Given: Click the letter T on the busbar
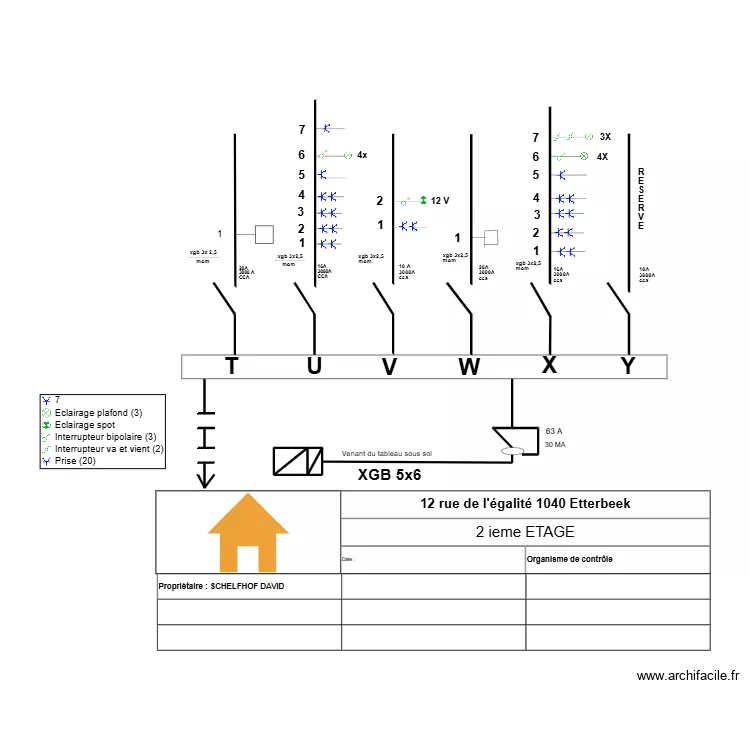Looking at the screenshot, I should point(231,366).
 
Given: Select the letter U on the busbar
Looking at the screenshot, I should point(314,366).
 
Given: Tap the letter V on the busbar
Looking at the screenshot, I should point(389,367).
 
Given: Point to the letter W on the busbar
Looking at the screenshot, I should point(468,367).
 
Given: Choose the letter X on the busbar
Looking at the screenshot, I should point(549,365).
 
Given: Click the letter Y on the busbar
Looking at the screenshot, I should point(627,366).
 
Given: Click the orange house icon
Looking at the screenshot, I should point(248,533).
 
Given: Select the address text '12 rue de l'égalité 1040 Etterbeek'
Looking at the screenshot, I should point(525,503).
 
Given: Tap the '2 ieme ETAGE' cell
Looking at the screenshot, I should point(525,532).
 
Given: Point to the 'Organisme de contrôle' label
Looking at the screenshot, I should point(570,559).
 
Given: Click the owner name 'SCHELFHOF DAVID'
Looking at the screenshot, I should point(247,586).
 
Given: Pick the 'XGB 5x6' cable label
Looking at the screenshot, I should point(389,475).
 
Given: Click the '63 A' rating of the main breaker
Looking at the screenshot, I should point(555,430).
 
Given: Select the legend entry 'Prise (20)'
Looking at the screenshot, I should point(75,461).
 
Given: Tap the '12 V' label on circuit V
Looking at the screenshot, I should point(440,201).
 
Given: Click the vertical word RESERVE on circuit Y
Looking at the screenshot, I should point(641,199).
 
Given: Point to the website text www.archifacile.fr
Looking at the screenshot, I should point(687,676).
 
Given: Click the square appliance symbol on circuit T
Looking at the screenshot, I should point(264,234).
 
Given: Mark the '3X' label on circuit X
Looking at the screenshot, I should point(605,137).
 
